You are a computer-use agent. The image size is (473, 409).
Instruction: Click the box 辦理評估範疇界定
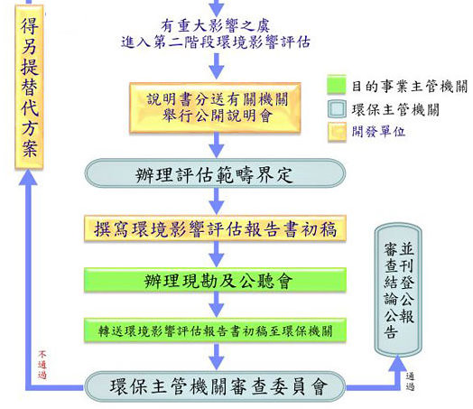tap(215, 173)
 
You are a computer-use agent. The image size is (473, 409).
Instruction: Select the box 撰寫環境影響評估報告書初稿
tap(215, 228)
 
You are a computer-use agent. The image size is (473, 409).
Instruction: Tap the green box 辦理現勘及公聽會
tap(215, 280)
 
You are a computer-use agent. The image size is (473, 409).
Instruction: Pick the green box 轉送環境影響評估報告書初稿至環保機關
tap(215, 330)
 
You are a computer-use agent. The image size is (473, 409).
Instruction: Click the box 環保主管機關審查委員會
tap(215, 386)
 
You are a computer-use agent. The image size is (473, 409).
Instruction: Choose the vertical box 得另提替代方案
tap(29, 87)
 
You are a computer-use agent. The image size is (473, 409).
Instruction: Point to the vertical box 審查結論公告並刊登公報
tap(398, 290)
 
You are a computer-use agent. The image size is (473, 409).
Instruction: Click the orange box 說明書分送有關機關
tap(215, 107)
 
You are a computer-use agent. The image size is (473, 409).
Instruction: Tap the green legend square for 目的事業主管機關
tap(337, 85)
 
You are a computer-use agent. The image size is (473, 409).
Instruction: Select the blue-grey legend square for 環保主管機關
tap(337, 109)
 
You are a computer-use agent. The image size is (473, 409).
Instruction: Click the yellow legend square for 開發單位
tap(337, 132)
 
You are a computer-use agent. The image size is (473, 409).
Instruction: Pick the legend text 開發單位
tap(378, 132)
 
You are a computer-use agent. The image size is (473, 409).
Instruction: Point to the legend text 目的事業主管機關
tap(409, 87)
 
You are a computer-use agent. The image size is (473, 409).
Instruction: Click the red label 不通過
tap(42, 365)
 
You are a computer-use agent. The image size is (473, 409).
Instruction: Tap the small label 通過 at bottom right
tap(410, 381)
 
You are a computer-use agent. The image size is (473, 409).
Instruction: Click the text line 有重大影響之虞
tap(215, 26)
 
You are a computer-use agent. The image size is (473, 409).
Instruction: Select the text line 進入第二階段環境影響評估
tap(216, 42)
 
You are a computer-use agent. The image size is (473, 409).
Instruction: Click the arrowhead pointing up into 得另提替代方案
tap(28, 177)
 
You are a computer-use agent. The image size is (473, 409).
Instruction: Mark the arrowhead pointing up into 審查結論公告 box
tap(397, 364)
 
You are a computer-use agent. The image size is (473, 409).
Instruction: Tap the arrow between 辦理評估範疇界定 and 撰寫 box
tap(217, 201)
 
